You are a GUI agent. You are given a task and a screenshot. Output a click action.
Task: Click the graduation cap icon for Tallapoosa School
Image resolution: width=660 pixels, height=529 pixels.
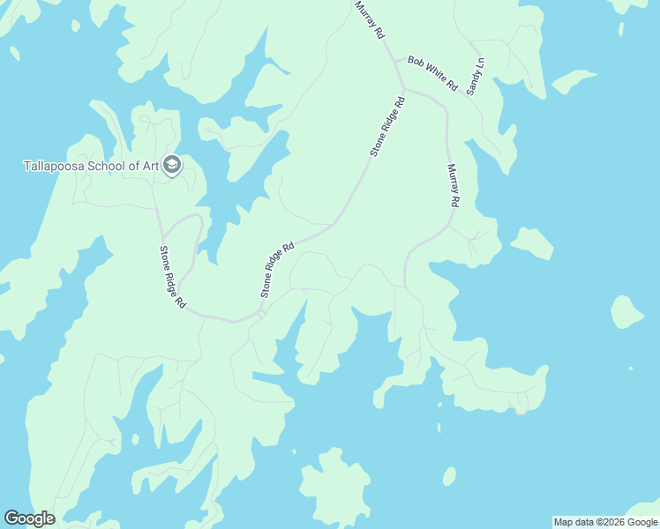(172, 165)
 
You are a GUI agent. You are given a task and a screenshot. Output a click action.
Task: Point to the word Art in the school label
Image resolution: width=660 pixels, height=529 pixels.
(152, 165)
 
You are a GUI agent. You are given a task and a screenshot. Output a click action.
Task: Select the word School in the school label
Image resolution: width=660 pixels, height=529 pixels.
(110, 165)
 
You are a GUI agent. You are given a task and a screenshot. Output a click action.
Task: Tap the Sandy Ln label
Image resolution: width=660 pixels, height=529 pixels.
(476, 78)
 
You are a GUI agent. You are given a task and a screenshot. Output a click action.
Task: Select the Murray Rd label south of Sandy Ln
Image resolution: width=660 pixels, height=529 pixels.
(453, 185)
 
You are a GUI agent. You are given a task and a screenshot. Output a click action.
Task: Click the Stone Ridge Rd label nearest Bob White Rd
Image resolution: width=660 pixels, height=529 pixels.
(387, 126)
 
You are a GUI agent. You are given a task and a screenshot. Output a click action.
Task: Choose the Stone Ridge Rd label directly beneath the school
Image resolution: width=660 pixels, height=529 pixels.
(172, 276)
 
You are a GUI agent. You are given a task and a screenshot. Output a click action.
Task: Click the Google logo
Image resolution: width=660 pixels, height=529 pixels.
(29, 518)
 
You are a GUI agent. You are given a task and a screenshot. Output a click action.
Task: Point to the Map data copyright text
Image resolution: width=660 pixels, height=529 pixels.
(605, 522)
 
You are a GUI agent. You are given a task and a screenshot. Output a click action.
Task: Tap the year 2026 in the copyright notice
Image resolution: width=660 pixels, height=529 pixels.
(616, 522)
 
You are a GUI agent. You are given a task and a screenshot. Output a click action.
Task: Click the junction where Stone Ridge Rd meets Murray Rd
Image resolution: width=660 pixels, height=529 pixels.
(403, 88)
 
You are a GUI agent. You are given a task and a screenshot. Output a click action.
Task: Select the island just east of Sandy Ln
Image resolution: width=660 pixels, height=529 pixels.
(574, 81)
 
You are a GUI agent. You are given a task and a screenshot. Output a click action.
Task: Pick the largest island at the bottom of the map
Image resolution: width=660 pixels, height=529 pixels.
(334, 487)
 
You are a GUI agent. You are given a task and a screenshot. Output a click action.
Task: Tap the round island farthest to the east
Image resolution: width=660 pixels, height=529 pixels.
(626, 312)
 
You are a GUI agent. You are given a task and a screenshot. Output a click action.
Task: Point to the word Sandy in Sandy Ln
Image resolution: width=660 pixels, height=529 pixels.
(474, 82)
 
